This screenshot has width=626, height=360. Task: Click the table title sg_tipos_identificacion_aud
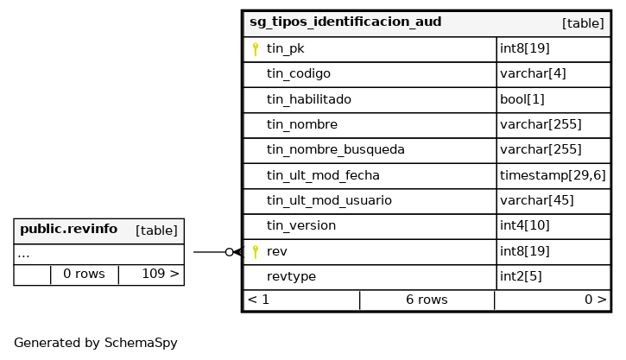tap(345, 22)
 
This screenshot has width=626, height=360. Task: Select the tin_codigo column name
tap(298, 74)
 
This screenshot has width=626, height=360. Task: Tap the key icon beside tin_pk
tap(256, 49)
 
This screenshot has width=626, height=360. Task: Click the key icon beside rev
tap(256, 251)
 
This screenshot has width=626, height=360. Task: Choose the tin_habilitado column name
tap(308, 99)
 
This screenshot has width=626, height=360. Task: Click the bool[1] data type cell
tap(522, 99)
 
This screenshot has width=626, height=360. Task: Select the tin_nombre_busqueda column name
tap(335, 150)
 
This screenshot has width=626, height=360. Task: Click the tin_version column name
tap(300, 226)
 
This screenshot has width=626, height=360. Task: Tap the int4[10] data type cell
tap(526, 226)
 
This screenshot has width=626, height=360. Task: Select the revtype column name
tap(291, 277)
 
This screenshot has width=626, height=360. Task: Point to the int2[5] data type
tap(521, 277)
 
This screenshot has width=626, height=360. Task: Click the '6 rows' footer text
tap(427, 300)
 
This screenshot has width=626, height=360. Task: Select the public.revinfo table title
tap(68, 230)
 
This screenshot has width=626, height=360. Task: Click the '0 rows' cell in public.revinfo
tap(84, 275)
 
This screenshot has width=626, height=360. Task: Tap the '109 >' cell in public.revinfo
tap(161, 275)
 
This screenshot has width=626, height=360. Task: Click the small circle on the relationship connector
tap(229, 252)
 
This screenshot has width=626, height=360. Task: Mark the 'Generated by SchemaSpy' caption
tap(95, 344)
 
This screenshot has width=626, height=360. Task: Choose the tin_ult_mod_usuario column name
tap(329, 200)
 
